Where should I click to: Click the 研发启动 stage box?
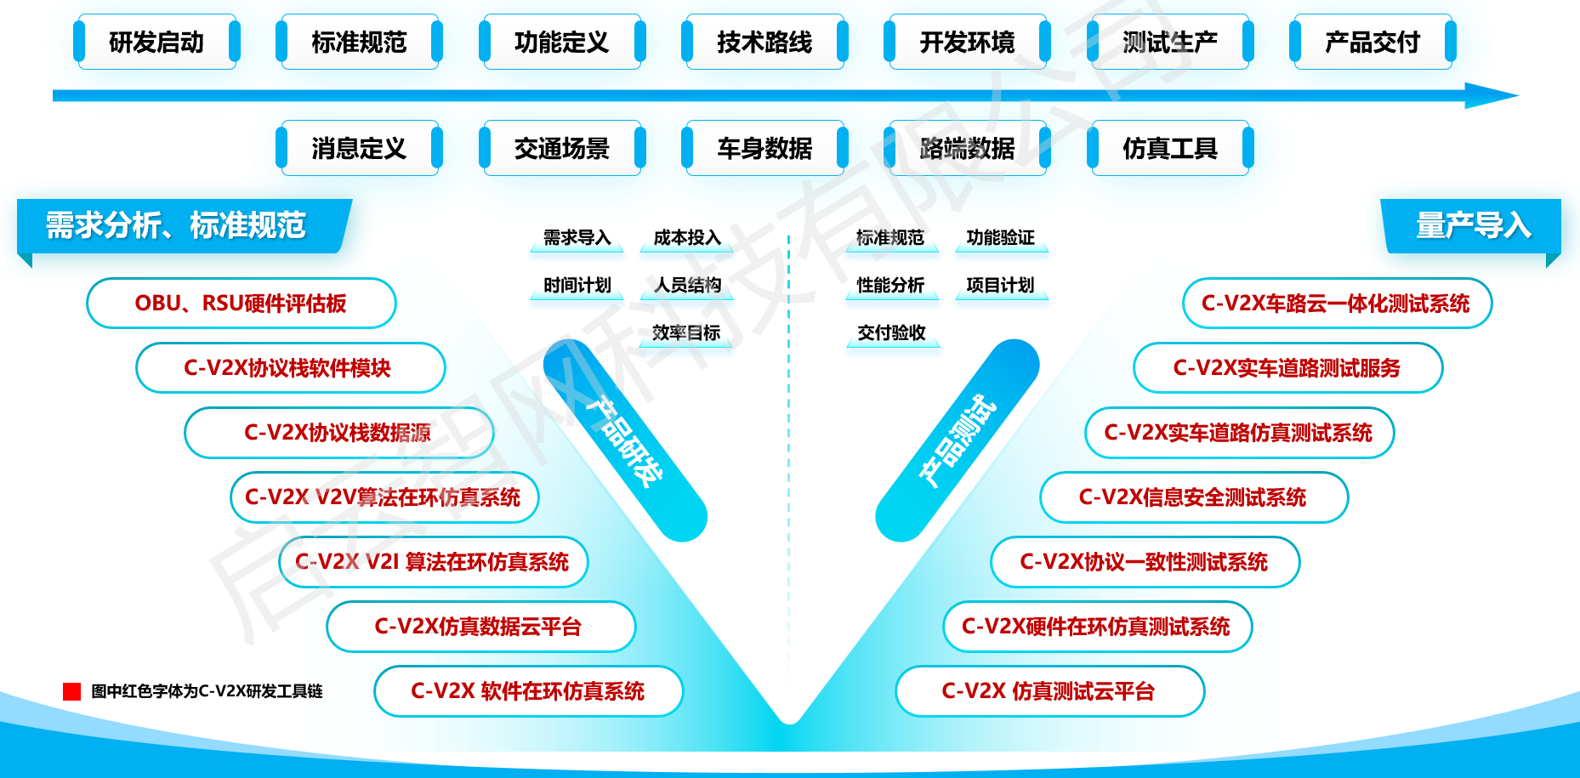click(156, 42)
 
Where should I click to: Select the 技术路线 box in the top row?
click(764, 42)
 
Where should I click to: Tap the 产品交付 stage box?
click(1373, 42)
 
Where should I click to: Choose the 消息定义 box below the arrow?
click(359, 148)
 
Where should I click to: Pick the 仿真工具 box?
click(1170, 148)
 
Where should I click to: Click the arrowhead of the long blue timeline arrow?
click(1492, 95)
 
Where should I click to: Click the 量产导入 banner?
click(1473, 225)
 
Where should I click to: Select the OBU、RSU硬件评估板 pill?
click(242, 304)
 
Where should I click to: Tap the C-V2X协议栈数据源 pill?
click(338, 433)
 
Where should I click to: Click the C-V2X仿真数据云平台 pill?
click(480, 627)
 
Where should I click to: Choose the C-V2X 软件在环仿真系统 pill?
click(528, 691)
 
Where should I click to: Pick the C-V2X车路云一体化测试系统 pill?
click(1336, 304)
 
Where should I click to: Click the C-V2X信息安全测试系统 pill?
click(1193, 497)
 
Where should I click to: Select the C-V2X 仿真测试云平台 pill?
click(1049, 691)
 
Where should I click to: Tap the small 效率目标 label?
click(686, 332)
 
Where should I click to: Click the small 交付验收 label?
click(891, 332)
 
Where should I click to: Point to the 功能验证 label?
click(1001, 238)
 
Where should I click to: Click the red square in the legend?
click(71, 691)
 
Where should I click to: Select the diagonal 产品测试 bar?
click(958, 440)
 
